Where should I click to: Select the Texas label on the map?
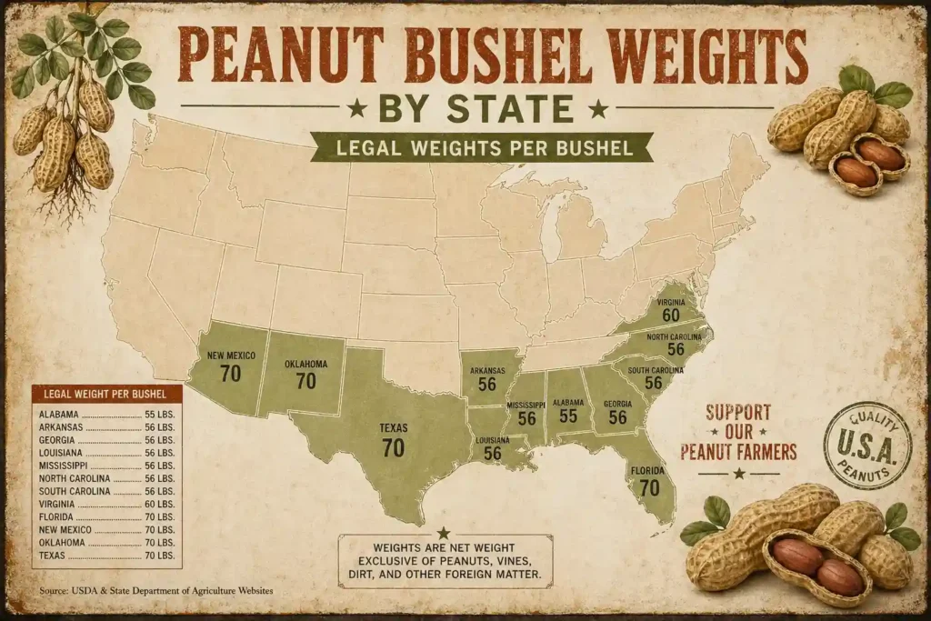click(x=393, y=427)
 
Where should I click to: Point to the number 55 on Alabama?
click(x=568, y=416)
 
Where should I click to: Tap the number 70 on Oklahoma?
click(x=305, y=381)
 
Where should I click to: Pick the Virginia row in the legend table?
click(x=107, y=503)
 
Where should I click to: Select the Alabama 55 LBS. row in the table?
click(x=107, y=413)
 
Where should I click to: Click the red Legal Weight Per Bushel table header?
click(x=107, y=394)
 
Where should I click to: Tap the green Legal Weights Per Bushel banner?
click(x=482, y=146)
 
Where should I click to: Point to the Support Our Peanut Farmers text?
click(x=738, y=432)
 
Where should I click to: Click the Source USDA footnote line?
click(x=155, y=591)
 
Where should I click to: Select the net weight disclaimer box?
click(x=445, y=558)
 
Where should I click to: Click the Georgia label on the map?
click(x=618, y=403)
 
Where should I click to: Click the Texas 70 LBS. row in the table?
click(x=107, y=554)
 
